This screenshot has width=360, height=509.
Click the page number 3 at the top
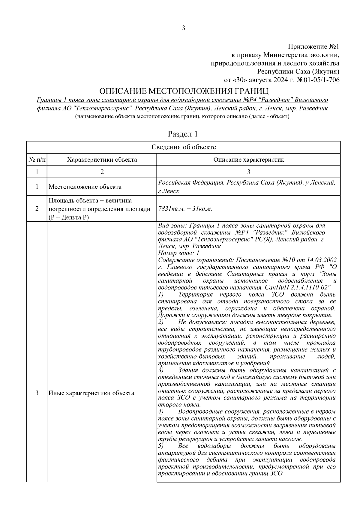click(184, 28)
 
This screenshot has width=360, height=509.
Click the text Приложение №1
click(313, 47)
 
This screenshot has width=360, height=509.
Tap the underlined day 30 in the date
click(239, 80)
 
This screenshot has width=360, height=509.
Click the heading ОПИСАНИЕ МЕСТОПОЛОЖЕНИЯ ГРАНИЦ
click(184, 91)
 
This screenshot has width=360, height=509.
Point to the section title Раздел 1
click(183, 134)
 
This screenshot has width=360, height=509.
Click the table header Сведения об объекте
click(184, 147)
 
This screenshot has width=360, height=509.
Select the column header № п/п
click(37, 160)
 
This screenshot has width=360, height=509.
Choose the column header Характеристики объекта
click(102, 160)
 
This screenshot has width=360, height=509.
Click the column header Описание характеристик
click(248, 160)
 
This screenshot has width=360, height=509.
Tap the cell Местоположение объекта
click(85, 187)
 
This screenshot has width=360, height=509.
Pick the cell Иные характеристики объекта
click(91, 393)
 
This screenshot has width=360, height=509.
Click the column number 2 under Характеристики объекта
click(102, 172)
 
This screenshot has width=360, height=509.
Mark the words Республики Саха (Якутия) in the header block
click(298, 72)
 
